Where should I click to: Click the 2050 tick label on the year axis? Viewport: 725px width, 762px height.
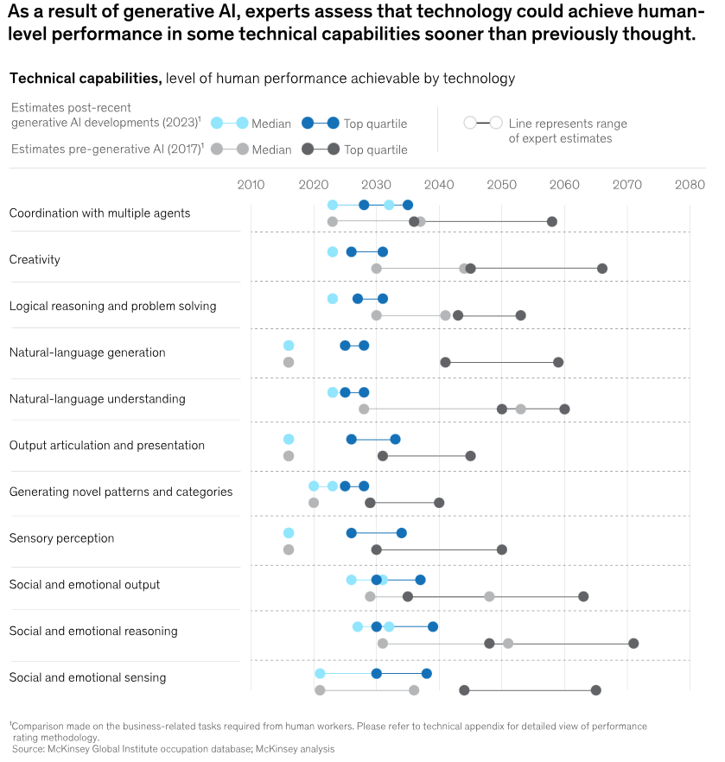tap(501, 184)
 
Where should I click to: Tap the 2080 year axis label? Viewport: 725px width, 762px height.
tap(690, 184)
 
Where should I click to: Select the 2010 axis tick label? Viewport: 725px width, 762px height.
tap(251, 184)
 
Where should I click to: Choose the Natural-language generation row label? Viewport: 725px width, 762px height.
tap(86, 352)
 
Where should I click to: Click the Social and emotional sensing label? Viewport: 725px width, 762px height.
tap(87, 677)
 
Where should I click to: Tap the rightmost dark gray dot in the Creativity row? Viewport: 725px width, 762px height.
tap(602, 268)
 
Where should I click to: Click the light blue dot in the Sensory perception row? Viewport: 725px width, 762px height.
tap(289, 533)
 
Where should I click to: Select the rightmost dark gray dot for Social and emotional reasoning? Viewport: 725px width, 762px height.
tap(633, 643)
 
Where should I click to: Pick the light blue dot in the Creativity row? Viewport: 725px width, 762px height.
tap(333, 252)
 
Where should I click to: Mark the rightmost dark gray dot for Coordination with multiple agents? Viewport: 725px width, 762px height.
tap(552, 221)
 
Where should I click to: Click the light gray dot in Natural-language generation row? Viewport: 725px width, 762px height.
tap(289, 362)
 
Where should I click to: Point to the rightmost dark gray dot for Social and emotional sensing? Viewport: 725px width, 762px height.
tap(596, 689)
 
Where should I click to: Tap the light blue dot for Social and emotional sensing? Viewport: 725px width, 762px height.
tap(321, 674)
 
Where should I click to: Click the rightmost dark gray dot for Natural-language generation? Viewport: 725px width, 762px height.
tap(558, 362)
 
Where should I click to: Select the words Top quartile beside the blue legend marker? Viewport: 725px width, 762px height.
tap(375, 124)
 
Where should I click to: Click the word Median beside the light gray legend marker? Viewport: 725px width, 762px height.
tap(271, 149)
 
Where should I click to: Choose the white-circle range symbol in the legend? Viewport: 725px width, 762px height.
tap(483, 123)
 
